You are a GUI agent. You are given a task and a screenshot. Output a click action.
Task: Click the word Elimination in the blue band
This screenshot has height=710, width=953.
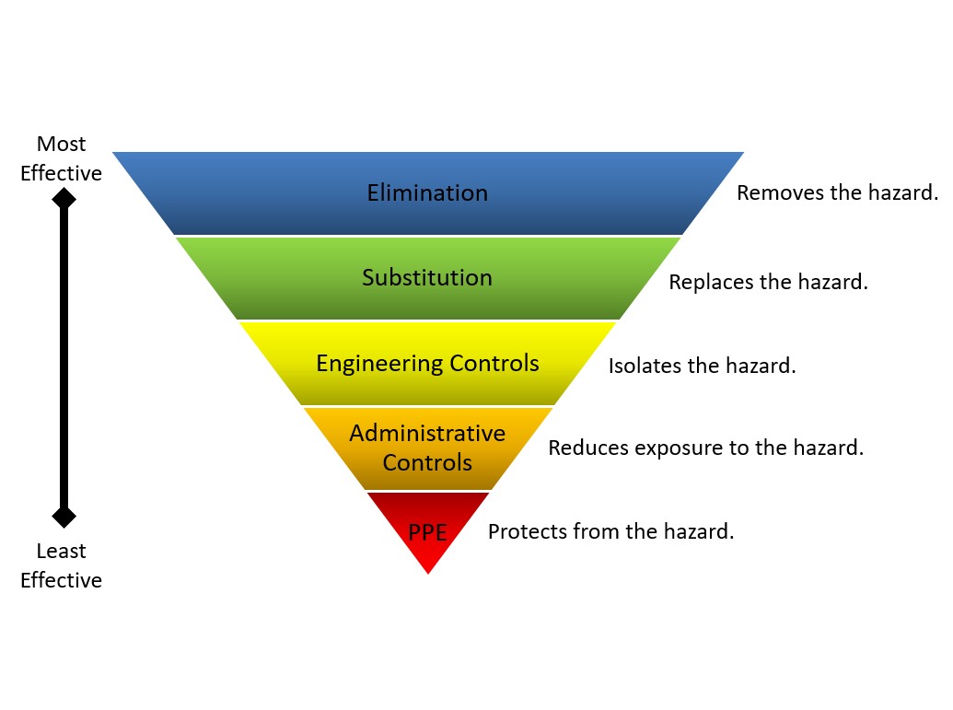pyautogui.click(x=427, y=193)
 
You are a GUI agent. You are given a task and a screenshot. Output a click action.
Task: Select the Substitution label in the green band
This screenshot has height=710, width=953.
pyautogui.click(x=427, y=277)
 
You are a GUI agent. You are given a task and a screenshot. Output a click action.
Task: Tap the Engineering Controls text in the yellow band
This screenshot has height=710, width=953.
pyautogui.click(x=427, y=363)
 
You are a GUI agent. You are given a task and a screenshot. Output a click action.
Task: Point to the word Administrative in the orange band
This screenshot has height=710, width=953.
pyautogui.click(x=427, y=433)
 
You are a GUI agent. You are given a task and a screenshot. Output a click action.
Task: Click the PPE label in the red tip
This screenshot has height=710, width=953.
pyautogui.click(x=427, y=532)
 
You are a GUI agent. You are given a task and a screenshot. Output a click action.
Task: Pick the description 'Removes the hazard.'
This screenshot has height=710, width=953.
pyautogui.click(x=837, y=193)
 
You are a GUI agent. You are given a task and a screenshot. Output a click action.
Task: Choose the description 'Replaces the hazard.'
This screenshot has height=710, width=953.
pyautogui.click(x=769, y=282)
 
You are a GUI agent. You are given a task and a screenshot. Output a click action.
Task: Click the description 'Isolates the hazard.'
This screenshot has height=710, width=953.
pyautogui.click(x=702, y=366)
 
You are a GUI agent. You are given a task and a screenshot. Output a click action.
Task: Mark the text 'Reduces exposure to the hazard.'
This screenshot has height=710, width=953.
pyautogui.click(x=706, y=448)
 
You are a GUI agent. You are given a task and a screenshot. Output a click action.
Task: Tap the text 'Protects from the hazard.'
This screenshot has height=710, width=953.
pyautogui.click(x=610, y=531)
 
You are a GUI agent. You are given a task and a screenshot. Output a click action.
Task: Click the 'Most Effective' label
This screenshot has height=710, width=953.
pyautogui.click(x=61, y=158)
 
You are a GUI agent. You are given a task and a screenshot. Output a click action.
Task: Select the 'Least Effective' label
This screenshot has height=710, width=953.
pyautogui.click(x=61, y=565)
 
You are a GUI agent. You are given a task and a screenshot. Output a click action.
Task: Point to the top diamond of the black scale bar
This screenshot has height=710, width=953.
pyautogui.click(x=63, y=198)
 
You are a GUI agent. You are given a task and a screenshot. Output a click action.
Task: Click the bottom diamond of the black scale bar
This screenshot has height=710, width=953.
pyautogui.click(x=63, y=516)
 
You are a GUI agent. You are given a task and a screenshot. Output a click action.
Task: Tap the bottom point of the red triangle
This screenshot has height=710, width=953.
pyautogui.click(x=428, y=572)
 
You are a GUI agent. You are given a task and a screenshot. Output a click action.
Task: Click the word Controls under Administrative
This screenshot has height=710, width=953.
pyautogui.click(x=427, y=462)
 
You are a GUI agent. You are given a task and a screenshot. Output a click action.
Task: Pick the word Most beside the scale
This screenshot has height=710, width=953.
pyautogui.click(x=61, y=145)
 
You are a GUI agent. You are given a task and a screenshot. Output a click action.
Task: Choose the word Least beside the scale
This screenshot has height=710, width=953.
pyautogui.click(x=61, y=552)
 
